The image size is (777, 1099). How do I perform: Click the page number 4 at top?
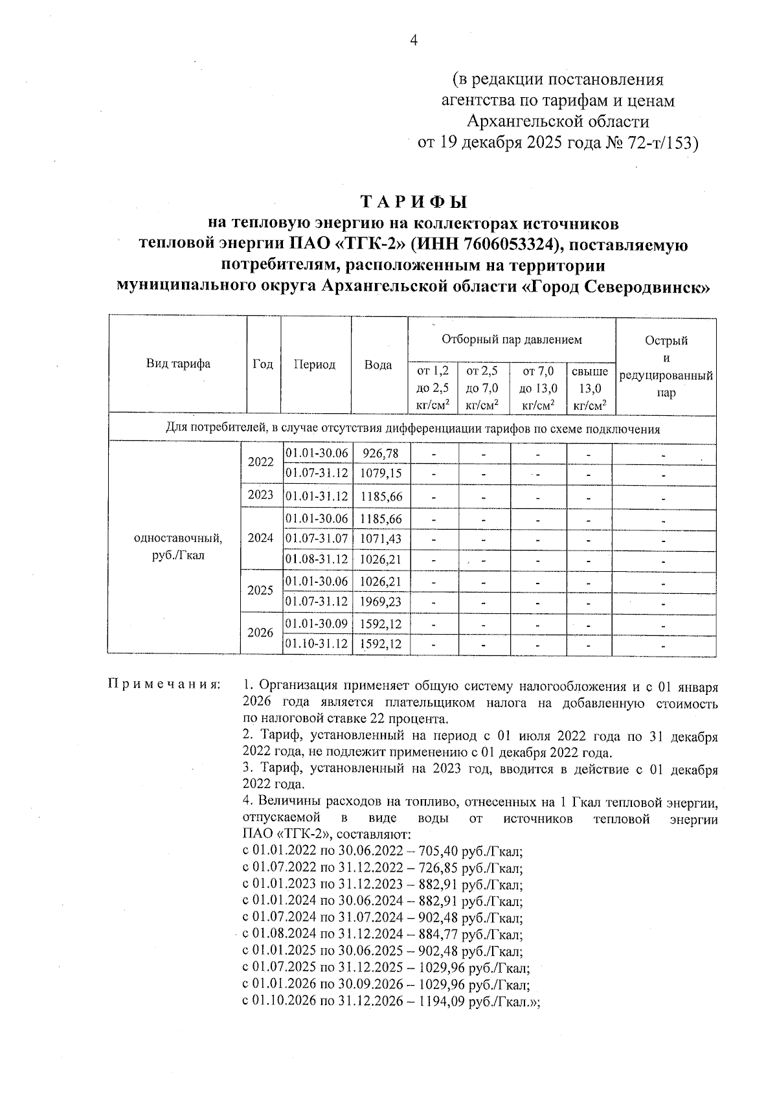click(414, 41)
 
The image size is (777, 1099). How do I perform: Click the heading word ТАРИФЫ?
click(414, 201)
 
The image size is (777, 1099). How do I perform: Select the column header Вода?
click(378, 365)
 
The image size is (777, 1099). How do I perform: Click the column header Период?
click(315, 364)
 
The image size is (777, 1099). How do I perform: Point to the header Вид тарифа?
click(178, 363)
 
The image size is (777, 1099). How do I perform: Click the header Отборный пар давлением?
click(511, 339)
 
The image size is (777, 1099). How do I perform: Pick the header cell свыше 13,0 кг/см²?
click(590, 389)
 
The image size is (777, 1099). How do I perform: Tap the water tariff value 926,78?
click(381, 453)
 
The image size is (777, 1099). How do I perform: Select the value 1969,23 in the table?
click(381, 602)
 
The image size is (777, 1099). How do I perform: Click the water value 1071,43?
click(381, 538)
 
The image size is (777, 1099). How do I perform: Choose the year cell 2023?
click(261, 495)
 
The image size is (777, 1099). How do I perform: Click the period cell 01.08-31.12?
click(317, 559)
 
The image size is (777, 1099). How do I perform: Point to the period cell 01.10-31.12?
click(317, 644)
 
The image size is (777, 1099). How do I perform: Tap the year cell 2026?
click(260, 633)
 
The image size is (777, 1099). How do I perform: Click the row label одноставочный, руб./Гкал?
click(178, 547)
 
